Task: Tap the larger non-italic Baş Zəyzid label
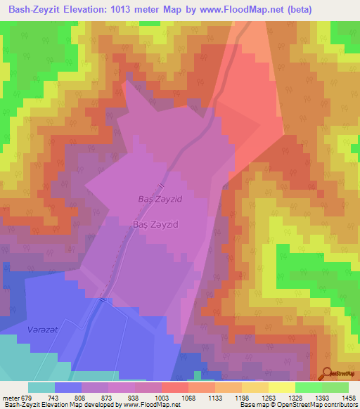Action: tap(155, 224)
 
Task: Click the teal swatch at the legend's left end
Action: tap(41, 387)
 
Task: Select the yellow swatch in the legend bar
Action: tap(281, 387)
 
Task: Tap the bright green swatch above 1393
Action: tap(308, 387)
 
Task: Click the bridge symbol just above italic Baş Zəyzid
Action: tap(162, 186)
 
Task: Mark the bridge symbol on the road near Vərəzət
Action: tap(104, 300)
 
